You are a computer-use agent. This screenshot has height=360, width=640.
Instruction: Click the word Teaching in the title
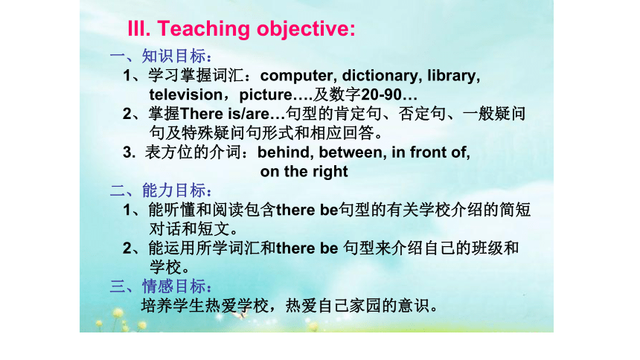pyautogui.click(x=204, y=30)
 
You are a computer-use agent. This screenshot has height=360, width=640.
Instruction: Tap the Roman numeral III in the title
pyautogui.click(x=138, y=28)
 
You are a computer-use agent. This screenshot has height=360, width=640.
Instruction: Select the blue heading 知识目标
pyautogui.click(x=173, y=56)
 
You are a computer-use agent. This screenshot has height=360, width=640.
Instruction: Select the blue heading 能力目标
pyautogui.click(x=173, y=190)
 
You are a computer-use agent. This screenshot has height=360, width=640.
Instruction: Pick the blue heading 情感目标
pyautogui.click(x=173, y=286)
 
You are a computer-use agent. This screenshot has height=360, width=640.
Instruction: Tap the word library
pyautogui.click(x=452, y=76)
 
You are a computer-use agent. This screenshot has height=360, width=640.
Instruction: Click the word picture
pyautogui.click(x=266, y=95)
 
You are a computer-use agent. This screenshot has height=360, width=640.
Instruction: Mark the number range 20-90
pyautogui.click(x=381, y=94)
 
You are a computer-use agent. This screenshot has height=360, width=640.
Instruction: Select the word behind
pyautogui.click(x=284, y=152)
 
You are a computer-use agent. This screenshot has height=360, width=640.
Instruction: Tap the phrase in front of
pyautogui.click(x=430, y=152)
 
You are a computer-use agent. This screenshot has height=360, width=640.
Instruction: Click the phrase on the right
pyautogui.click(x=304, y=172)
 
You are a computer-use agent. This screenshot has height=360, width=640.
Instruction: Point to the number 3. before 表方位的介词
pyautogui.click(x=129, y=152)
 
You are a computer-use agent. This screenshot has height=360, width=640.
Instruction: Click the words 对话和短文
pyautogui.click(x=190, y=228)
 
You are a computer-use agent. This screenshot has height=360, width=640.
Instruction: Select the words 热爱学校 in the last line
pyautogui.click(x=237, y=305)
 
